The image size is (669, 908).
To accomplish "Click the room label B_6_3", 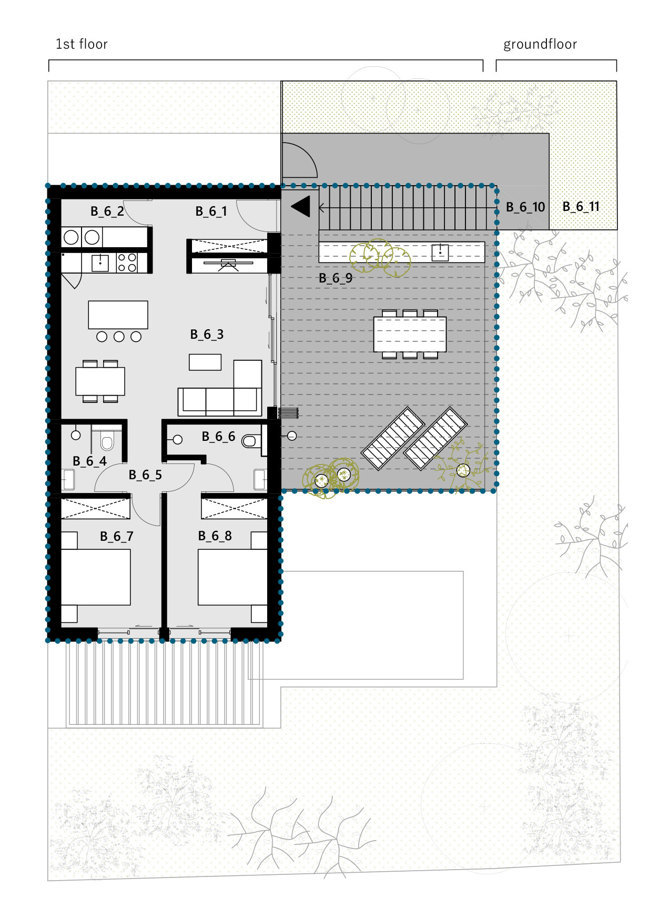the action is (x=207, y=335).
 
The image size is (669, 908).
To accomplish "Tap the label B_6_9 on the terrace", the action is (x=336, y=278).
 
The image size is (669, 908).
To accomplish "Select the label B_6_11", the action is (x=581, y=207).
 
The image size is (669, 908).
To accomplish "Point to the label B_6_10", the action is (x=525, y=207).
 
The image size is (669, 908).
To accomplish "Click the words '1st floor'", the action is (x=82, y=44).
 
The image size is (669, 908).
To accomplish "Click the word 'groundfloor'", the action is (x=540, y=45).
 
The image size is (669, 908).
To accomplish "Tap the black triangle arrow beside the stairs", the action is (x=301, y=206).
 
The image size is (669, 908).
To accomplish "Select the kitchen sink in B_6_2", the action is (x=100, y=263).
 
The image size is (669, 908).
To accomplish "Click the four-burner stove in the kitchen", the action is (x=127, y=263).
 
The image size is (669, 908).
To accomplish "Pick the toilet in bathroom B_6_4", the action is (x=107, y=441).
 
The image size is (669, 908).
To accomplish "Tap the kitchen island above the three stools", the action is (x=118, y=315).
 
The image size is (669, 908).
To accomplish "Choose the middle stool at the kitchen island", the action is (x=119, y=337).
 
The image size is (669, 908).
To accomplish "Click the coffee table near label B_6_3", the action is (x=205, y=362).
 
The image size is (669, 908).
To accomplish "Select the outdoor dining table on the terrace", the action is (x=410, y=334).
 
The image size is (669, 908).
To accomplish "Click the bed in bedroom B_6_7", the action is (x=96, y=577).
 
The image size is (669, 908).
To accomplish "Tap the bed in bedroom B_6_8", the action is (x=232, y=577).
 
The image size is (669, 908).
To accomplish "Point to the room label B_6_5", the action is (x=145, y=475).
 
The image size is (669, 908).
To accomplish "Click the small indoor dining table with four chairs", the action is (x=100, y=381).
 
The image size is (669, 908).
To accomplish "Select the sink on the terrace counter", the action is (x=440, y=253).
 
